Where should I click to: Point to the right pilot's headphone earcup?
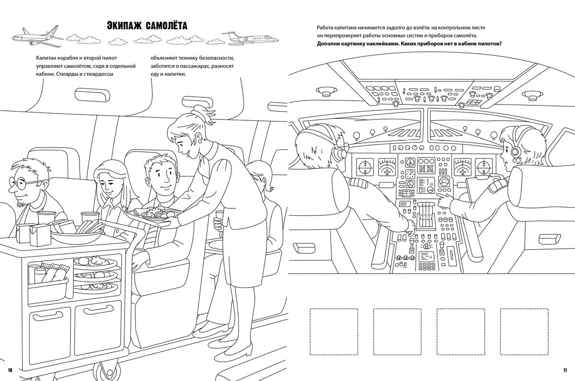[515, 152]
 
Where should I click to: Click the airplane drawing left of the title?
[36, 37]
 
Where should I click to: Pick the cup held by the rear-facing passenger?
[218, 222]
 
